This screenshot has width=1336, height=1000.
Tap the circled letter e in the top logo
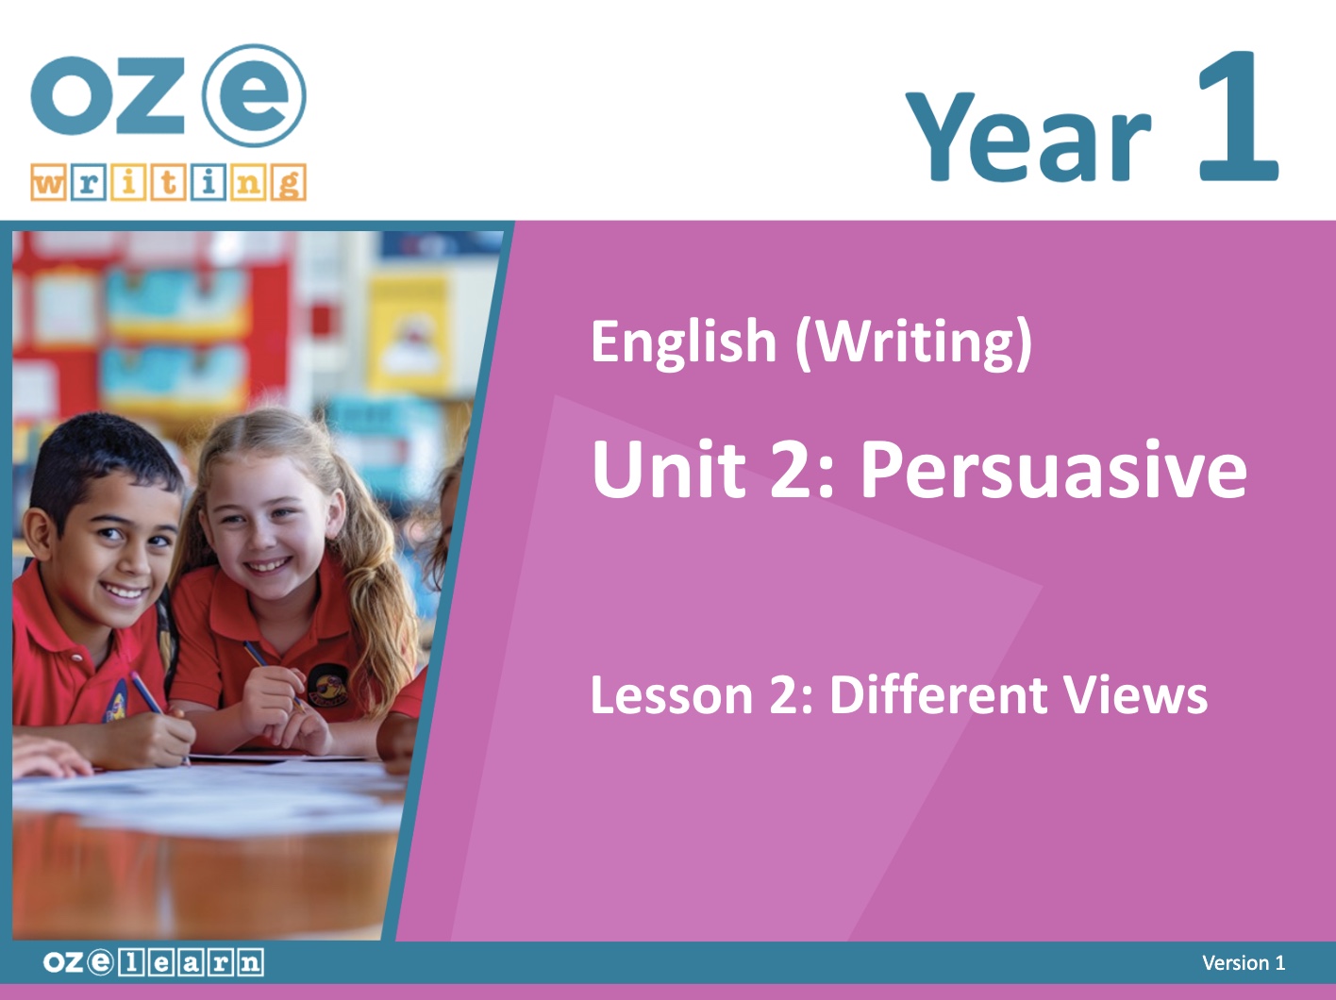(x=254, y=95)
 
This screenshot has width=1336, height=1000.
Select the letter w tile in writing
(x=48, y=182)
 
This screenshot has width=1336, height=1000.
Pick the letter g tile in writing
(x=289, y=182)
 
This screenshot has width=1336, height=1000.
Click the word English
(x=683, y=343)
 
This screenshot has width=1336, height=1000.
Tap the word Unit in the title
(x=668, y=468)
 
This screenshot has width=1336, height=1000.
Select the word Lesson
(x=672, y=695)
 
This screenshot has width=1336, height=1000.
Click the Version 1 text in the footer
(x=1244, y=963)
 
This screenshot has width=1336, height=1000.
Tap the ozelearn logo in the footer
(x=154, y=962)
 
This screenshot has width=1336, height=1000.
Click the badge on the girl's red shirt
(x=328, y=686)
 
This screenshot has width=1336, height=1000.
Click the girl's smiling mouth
(x=268, y=565)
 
